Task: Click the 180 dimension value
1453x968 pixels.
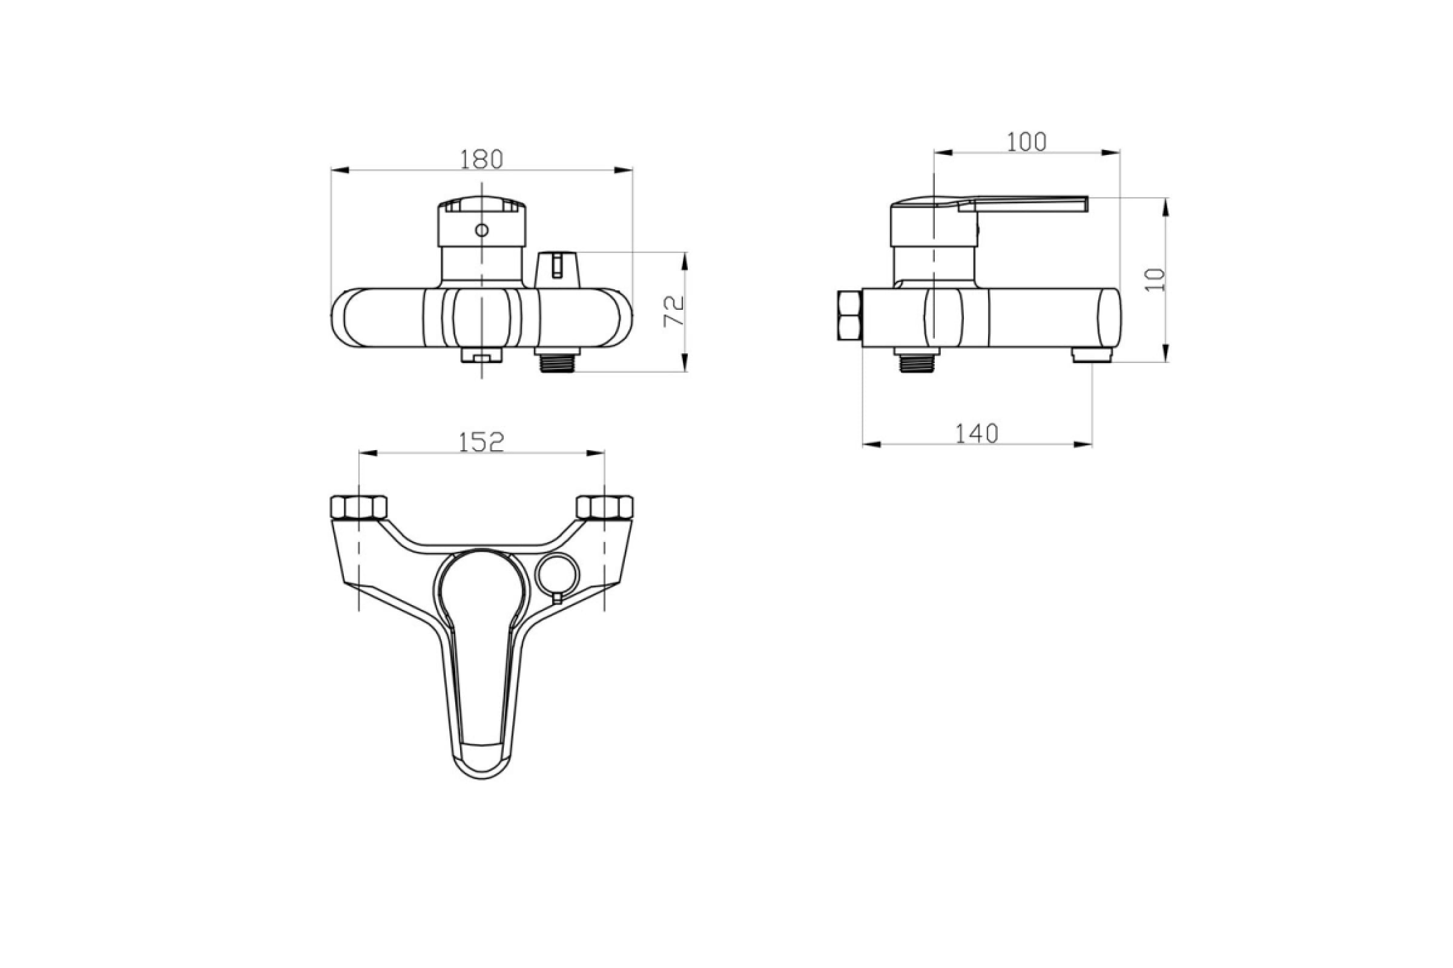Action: pos(481,159)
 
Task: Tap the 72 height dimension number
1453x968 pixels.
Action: pos(674,311)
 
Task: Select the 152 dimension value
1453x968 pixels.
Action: pos(481,442)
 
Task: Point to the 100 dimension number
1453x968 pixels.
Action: pos(1027,142)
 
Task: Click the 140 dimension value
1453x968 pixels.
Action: pos(977,434)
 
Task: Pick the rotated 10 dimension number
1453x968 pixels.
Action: pos(1155,280)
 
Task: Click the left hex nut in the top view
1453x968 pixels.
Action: pos(359,507)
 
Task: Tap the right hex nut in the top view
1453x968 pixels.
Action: pos(605,507)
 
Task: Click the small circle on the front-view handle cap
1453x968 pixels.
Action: pos(481,231)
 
